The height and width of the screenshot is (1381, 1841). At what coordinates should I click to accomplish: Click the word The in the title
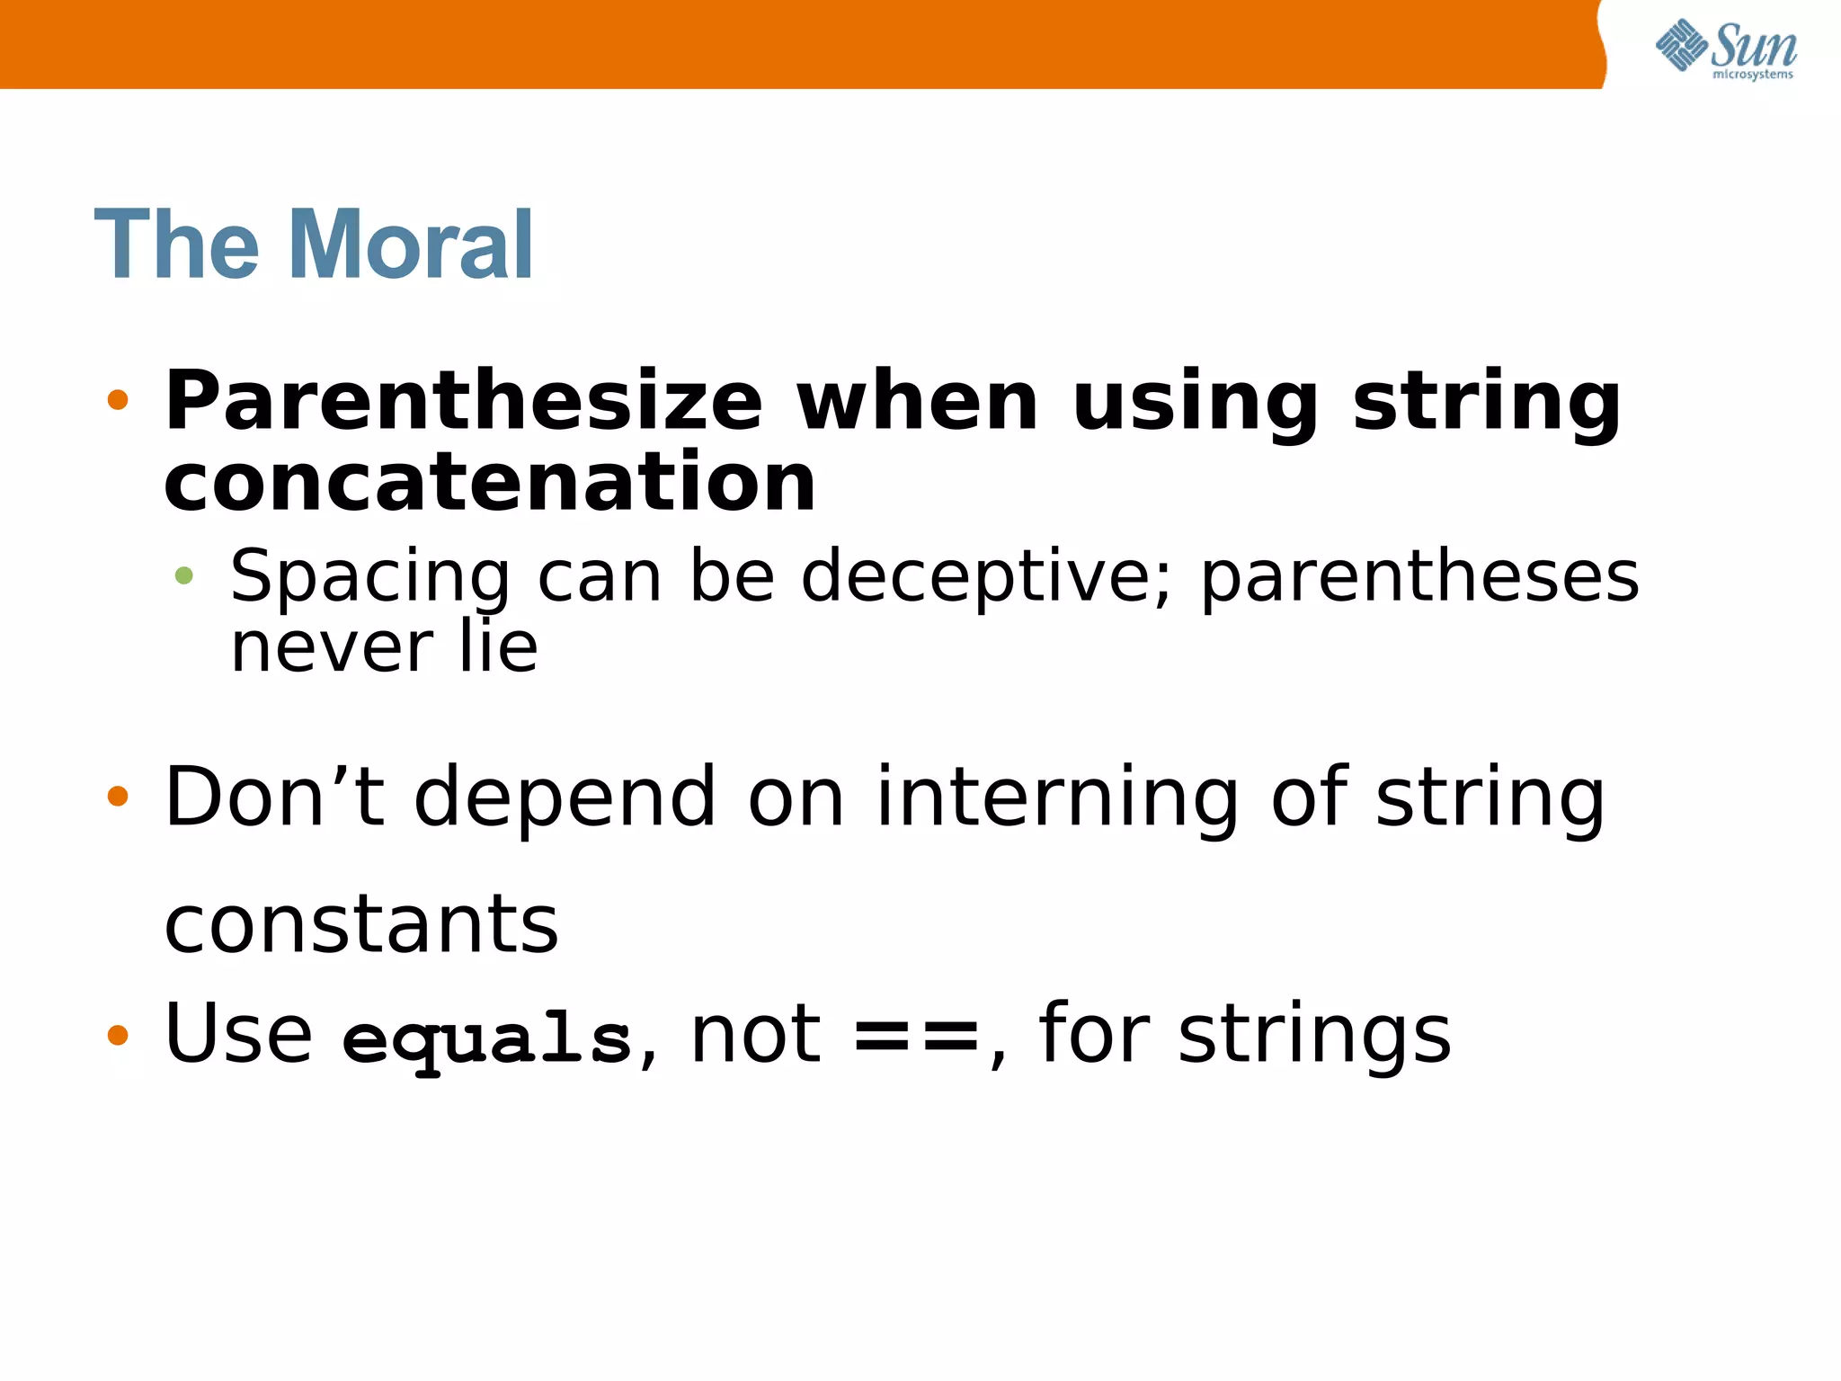point(176,245)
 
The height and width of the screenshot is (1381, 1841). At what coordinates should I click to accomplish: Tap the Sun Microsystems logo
point(1725,49)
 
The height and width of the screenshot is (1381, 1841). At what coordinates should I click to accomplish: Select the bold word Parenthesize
point(464,402)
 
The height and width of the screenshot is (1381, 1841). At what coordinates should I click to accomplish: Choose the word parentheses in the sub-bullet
point(1419,576)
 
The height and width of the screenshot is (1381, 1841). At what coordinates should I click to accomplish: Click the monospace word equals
point(486,1038)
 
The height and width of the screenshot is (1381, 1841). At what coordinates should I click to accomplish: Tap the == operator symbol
point(915,1037)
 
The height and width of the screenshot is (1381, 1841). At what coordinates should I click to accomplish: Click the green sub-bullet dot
point(184,575)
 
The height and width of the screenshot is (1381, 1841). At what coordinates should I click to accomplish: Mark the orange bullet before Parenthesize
point(118,400)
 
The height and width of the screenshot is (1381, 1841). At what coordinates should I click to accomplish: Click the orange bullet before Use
point(118,1035)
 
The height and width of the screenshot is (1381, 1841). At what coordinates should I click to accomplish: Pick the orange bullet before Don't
point(118,796)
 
